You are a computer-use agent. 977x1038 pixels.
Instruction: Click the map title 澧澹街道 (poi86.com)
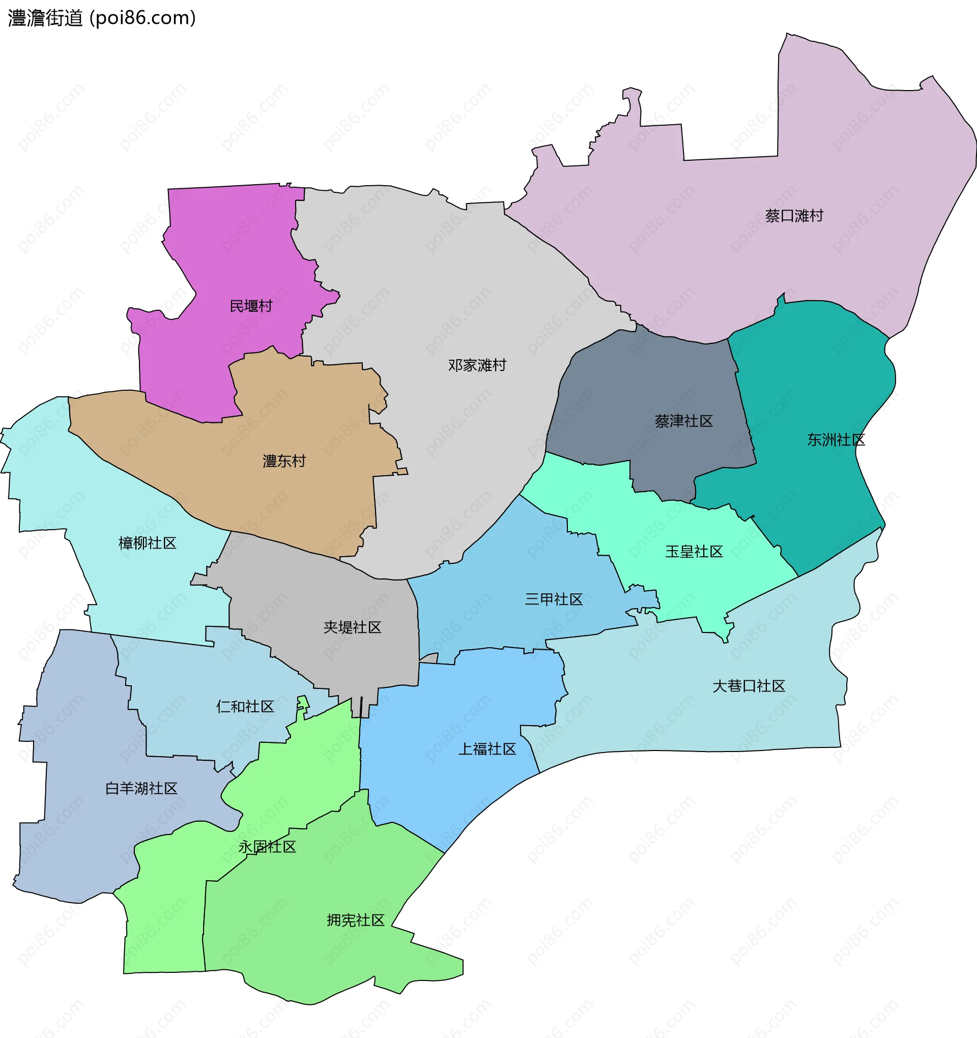pos(102,18)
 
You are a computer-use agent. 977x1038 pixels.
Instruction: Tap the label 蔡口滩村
pos(794,216)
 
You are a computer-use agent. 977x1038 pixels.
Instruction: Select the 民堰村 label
pos(251,306)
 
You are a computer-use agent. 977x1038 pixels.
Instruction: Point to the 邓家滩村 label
pos(477,365)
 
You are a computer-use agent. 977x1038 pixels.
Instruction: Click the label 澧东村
pos(284,461)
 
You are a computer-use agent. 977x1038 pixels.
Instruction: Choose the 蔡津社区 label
pos(683,421)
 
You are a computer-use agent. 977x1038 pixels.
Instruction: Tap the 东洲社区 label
pos(836,440)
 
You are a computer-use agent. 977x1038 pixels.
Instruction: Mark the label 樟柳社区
pos(147,543)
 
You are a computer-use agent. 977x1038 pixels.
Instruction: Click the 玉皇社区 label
pos(694,552)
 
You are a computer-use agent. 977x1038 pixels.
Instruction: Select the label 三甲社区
pos(554,599)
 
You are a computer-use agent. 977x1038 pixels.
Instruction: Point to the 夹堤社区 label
pos(352,627)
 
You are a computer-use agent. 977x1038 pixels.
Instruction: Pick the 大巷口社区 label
pos(749,686)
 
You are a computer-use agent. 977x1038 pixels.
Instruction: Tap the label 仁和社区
pos(245,707)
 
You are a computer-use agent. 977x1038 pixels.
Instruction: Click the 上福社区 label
pos(486,749)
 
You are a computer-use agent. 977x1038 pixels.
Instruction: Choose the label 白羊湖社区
pos(141,788)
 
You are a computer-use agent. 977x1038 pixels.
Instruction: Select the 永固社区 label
pos(267,847)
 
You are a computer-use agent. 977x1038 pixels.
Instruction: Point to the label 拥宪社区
pos(355,920)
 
